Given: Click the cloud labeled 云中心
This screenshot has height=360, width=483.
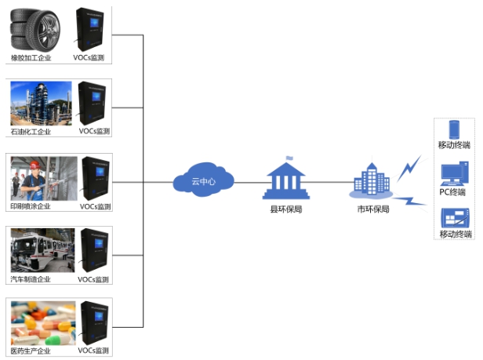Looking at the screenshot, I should pos(202,181).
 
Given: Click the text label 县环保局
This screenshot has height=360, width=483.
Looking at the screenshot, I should pos(286,209).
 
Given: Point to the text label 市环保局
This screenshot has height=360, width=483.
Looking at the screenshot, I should pos(373,209).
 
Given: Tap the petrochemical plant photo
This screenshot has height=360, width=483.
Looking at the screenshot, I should pos(39,103).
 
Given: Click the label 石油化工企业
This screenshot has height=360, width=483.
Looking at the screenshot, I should pos(31,131).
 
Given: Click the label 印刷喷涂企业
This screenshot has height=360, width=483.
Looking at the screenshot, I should pos(31,206).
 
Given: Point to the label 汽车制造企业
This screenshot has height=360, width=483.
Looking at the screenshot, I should pos(31,279).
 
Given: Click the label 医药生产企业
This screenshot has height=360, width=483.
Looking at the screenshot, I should pos(31,351).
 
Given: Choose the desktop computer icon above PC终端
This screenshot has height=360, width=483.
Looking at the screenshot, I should pos(454,173).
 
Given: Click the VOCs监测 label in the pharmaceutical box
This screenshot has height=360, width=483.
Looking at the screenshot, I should pos(93,351).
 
